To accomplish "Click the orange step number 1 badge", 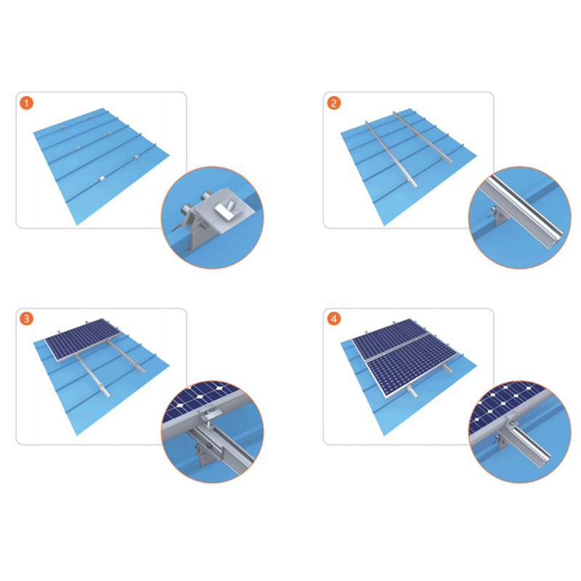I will pos(27,104).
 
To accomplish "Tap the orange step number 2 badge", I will pos(333,104).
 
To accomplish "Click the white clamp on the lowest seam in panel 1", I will pos(100,179).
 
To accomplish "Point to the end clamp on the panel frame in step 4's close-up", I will pos(513,421).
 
